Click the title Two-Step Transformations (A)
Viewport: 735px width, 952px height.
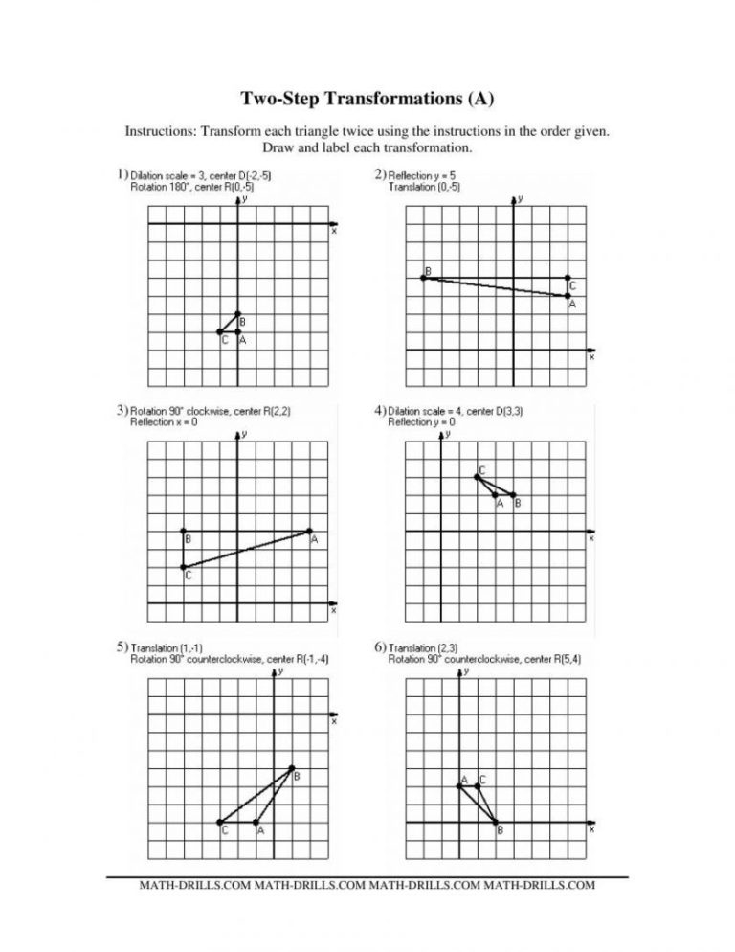pos(367,99)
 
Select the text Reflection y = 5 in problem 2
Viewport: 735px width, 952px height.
pos(425,175)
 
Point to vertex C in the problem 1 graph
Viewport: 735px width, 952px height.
pos(220,331)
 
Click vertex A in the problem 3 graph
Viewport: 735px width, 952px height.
pos(309,531)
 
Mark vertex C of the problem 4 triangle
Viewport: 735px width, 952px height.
pos(476,477)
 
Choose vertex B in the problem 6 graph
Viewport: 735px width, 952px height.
pos(496,822)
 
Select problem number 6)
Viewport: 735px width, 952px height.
pos(380,647)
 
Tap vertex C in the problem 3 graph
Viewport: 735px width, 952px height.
pos(183,566)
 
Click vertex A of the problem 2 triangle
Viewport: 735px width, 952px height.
pos(568,296)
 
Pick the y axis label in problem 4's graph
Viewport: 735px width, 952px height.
pos(447,434)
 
